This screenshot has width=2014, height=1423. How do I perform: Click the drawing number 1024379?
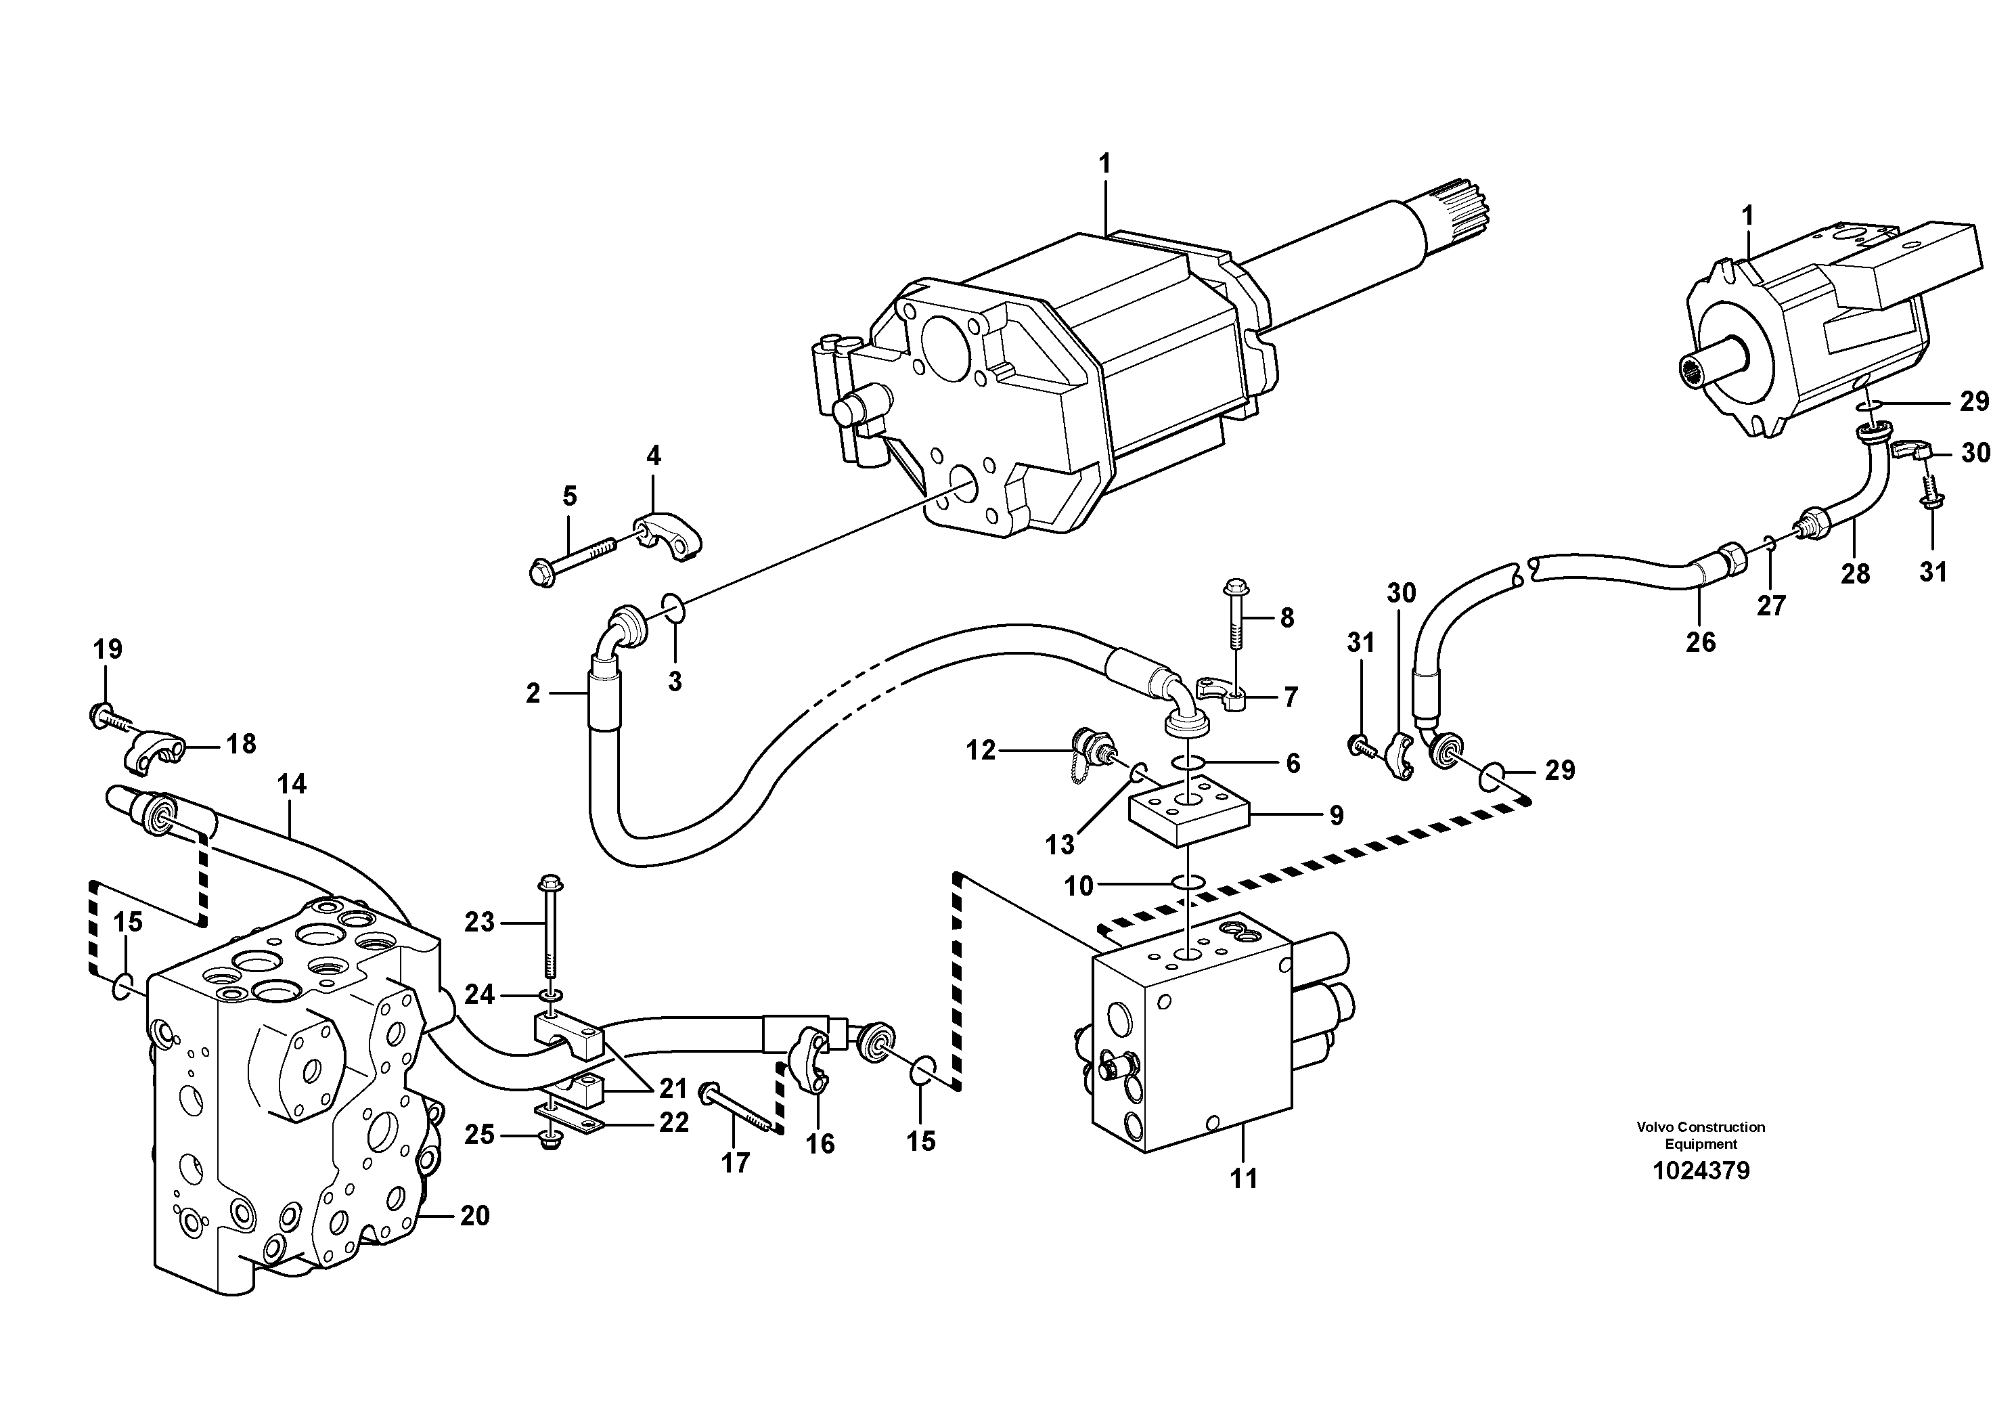1700,1171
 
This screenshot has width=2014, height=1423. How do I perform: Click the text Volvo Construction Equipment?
1700,1135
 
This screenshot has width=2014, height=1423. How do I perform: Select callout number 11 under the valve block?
1243,1178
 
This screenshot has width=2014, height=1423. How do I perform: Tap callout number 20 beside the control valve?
474,1216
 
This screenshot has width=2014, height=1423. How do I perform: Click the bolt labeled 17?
737,1109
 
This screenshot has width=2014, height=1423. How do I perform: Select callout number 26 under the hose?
1700,642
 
